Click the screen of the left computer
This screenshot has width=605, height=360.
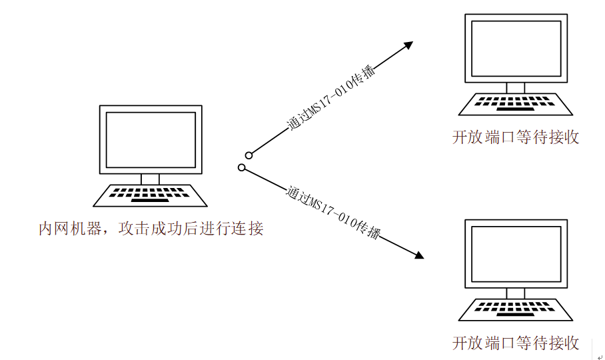click(151, 140)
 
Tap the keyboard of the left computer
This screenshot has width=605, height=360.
click(150, 195)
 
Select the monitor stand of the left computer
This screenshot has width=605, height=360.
click(150, 179)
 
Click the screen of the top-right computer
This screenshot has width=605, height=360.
click(516, 48)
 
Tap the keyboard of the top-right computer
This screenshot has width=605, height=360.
click(516, 104)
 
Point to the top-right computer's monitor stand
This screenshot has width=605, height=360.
click(516, 88)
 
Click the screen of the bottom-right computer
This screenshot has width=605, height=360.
click(516, 254)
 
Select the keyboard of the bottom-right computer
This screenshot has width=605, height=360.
click(516, 310)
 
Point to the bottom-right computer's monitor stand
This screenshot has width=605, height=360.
click(516, 293)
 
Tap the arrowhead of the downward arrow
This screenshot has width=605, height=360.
click(420, 255)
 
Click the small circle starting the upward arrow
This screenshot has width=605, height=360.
click(249, 155)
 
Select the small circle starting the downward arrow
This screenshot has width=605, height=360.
click(242, 167)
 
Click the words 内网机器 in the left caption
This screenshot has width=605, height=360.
click(70, 229)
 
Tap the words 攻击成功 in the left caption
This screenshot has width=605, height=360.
click(150, 229)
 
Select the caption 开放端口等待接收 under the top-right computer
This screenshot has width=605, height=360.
click(516, 137)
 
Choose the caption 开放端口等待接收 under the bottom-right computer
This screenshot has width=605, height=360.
click(516, 343)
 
